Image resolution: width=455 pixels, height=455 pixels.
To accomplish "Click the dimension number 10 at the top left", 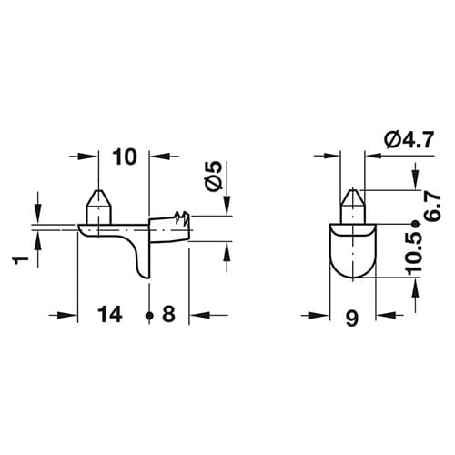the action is click(x=125, y=157).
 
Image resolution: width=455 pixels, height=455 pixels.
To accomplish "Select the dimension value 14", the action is click(x=110, y=314).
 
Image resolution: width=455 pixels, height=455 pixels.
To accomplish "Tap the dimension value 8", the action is click(x=168, y=314).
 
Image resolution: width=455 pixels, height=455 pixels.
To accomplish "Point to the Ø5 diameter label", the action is click(x=213, y=176).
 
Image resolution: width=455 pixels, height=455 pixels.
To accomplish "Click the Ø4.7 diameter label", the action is click(x=409, y=140).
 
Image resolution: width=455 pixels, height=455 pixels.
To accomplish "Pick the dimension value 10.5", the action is click(x=416, y=254).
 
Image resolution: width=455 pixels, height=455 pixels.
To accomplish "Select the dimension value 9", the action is click(x=352, y=318).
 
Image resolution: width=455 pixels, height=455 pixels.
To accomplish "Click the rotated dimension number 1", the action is click(x=21, y=260).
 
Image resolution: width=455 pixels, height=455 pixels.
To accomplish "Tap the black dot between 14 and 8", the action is click(x=148, y=316).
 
